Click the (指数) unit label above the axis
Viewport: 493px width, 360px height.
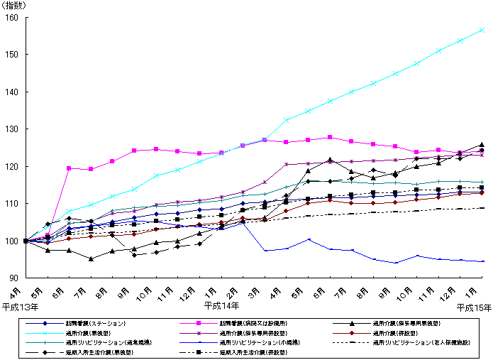16,6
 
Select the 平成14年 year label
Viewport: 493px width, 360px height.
221,306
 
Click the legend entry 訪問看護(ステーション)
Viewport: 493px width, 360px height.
95,323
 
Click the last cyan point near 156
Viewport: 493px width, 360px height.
482,30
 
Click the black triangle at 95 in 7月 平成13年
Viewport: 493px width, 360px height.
91,258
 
